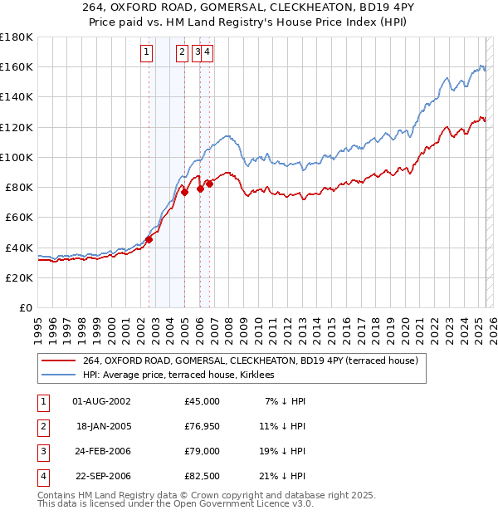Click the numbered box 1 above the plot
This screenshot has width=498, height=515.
point(146,52)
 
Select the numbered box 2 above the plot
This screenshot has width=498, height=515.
point(182,52)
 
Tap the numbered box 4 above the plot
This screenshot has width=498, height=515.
point(207,52)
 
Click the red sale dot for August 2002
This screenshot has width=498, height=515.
point(149,240)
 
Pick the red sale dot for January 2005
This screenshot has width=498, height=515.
point(185,192)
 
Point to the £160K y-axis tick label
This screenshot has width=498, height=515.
point(17,66)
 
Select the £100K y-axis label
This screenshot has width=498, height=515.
point(17,157)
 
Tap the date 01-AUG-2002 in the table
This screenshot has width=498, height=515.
point(102,401)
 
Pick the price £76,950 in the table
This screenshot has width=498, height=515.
point(203,426)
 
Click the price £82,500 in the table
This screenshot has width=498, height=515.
point(203,476)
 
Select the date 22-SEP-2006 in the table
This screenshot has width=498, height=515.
point(102,476)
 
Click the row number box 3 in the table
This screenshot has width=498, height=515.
point(41,451)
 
